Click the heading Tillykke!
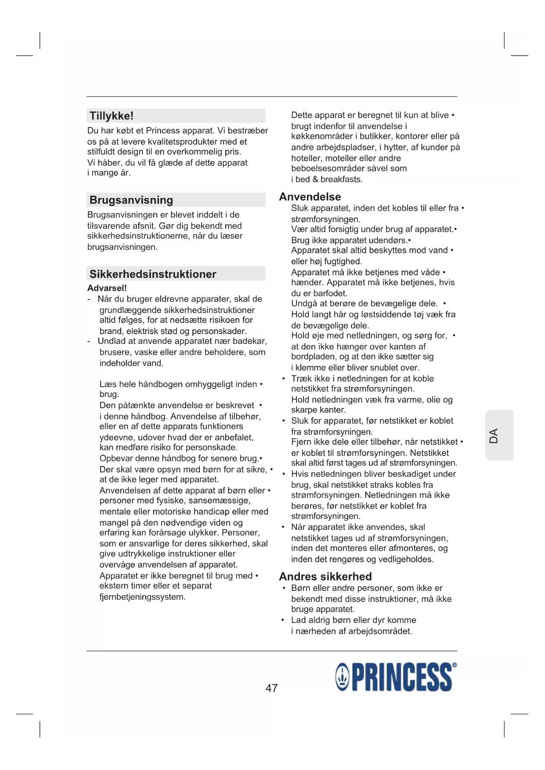112,116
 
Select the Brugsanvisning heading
131,200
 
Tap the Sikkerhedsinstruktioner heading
153,274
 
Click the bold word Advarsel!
107,288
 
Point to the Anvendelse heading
310,197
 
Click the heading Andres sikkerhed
325,576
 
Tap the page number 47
271,688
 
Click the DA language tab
494,435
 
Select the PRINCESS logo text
401,677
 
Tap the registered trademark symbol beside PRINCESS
455,665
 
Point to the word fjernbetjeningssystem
142,597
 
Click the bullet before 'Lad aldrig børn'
284,620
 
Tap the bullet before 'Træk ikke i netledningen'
284,378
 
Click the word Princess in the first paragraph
163,131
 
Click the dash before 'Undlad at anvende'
89,342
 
